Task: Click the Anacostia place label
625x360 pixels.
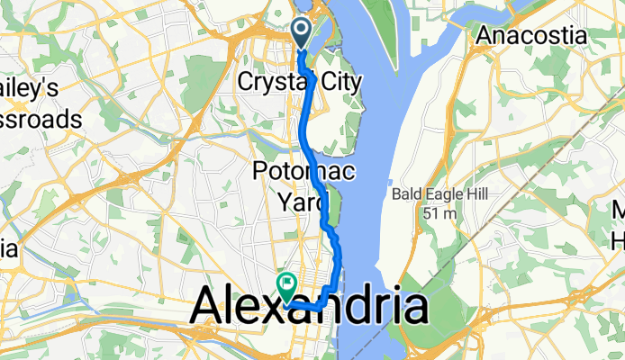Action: pos(531,36)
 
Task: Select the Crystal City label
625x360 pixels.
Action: pos(300,83)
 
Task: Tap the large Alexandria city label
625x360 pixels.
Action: pos(308,308)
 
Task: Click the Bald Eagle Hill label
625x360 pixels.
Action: pos(438,194)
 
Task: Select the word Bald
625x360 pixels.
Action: pos(406,194)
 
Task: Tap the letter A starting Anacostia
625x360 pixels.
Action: pos(485,36)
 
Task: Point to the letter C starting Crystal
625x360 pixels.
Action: pos(246,83)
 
